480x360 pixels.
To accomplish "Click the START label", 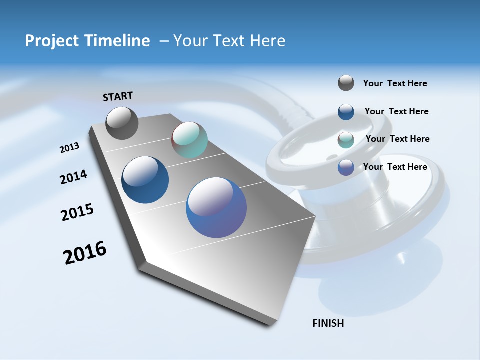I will coord(118,96).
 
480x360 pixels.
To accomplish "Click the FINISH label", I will coord(328,323).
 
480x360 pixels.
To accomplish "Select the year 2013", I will coord(70,148).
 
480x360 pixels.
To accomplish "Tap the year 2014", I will coord(74,177).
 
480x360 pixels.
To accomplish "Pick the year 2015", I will coord(77,212).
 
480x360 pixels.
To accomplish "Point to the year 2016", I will coord(85,253).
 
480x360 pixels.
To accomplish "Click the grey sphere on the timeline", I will coord(122,123).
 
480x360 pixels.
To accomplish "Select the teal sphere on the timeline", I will coord(189,140).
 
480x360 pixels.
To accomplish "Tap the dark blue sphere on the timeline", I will coord(145,180).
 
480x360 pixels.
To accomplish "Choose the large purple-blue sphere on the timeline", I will coord(216,207).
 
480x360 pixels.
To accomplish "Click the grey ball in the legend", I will coord(346,83).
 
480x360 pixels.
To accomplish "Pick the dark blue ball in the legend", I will coord(346,112).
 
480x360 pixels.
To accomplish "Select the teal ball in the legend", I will coord(346,140).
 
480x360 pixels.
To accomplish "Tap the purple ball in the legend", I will coord(346,167).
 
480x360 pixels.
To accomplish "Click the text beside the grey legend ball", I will coord(395,83).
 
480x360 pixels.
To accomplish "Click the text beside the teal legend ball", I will coord(397,139).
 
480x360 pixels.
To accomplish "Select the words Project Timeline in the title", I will coord(87,41).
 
